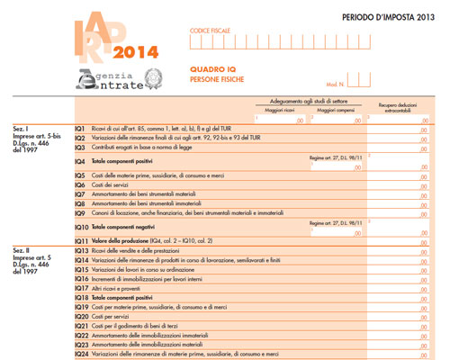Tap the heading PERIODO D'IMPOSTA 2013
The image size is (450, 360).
pos(394,16)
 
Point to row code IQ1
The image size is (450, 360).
pos(80,129)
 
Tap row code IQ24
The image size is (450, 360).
pos(81,355)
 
